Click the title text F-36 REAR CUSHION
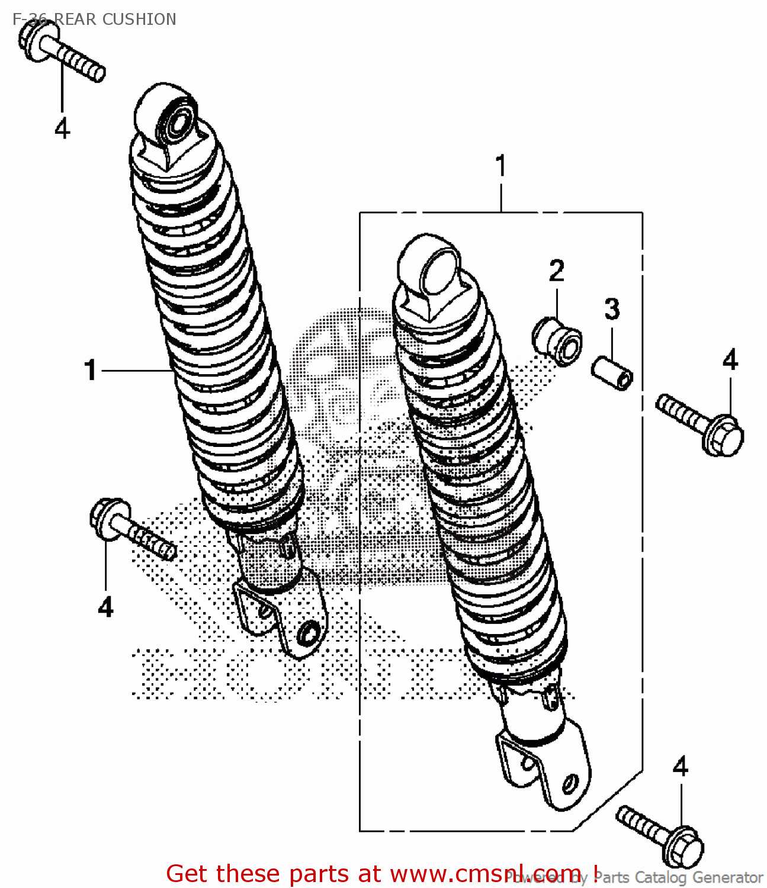pos(94,19)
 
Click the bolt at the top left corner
pos(62,52)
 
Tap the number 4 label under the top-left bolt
pos(62,128)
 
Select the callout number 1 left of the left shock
pos(90,371)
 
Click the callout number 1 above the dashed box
pos(500,166)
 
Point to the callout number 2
pos(556,271)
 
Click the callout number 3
pos(612,309)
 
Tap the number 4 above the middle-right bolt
pos(730,360)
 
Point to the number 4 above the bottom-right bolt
pos(681,767)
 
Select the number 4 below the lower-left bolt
pos(105,607)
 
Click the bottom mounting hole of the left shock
pos(307,635)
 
